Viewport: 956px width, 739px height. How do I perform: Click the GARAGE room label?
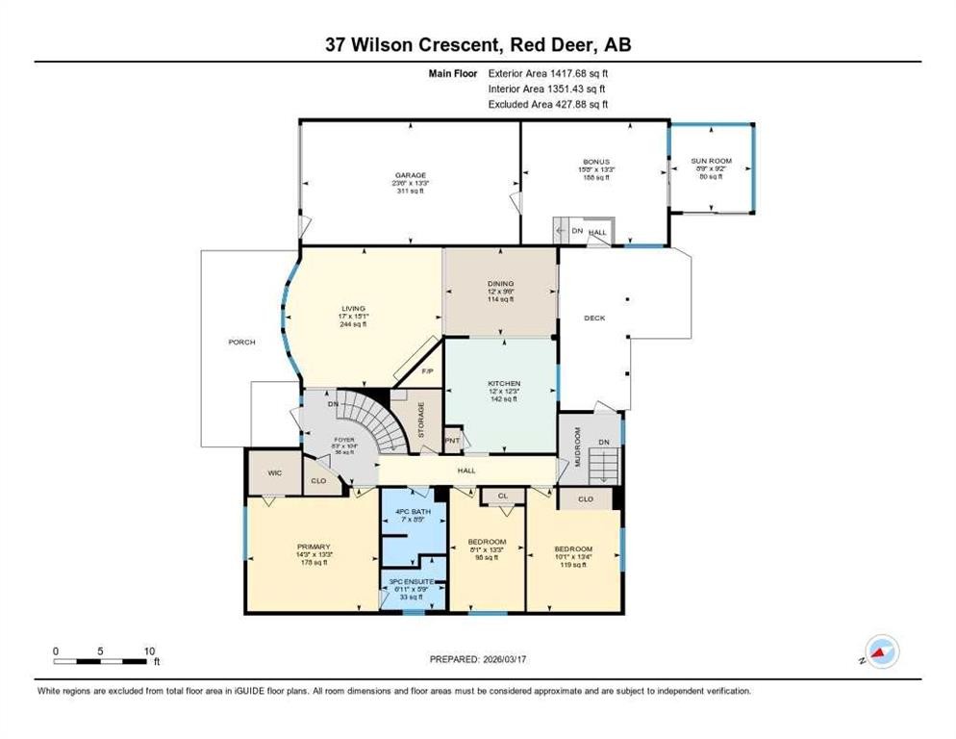pos(409,175)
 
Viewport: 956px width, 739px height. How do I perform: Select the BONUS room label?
pos(595,162)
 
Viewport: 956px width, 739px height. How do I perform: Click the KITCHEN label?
pos(503,383)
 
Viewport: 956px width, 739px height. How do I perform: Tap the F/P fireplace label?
pos(428,370)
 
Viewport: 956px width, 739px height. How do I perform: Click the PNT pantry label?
pos(452,441)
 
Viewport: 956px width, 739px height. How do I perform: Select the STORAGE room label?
pos(421,420)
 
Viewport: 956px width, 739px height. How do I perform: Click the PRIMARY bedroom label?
pos(313,548)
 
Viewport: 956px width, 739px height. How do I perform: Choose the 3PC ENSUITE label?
pos(413,583)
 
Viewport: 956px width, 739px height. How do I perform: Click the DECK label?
pos(594,318)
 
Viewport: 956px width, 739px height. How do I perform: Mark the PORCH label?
pos(242,342)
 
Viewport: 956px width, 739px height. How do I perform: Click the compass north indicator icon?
pos(880,651)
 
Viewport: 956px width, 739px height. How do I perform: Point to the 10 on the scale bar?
pos(149,651)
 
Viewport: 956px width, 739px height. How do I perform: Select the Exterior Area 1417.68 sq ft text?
pos(548,72)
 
